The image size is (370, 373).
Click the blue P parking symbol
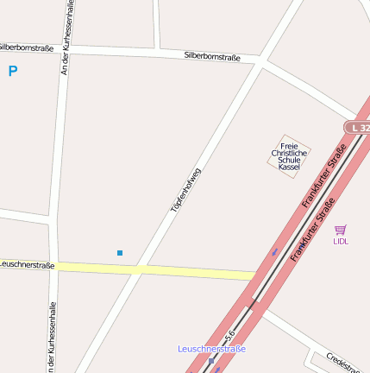coord(13,72)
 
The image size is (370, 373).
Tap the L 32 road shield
coord(358,128)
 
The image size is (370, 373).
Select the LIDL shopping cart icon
coord(341,230)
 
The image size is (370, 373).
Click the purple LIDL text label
coord(341,242)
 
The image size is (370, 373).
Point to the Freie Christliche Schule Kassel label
coord(289,156)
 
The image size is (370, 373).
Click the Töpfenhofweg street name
coord(185,190)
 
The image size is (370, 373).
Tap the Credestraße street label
coord(342,363)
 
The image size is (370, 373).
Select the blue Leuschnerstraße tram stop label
coord(211,349)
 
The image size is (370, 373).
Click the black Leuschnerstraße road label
coord(27,265)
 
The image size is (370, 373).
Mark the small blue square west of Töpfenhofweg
coord(120,253)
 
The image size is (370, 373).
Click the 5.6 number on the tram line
coord(230,332)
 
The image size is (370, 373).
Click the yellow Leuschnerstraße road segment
coord(155,270)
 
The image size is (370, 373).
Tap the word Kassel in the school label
coord(289,167)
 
